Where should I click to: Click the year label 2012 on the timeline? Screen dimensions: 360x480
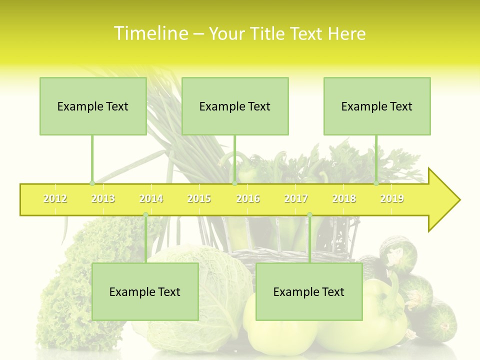click(55, 198)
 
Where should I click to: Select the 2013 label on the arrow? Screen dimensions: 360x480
click(103, 198)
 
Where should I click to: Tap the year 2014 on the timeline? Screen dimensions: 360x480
click(151, 198)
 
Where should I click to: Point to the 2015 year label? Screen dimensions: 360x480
click(199, 198)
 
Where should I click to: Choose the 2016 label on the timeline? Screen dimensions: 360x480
click(248, 198)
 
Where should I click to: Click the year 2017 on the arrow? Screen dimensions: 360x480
click(296, 198)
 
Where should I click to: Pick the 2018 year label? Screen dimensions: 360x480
click(344, 198)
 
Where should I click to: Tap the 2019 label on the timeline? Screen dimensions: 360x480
click(392, 198)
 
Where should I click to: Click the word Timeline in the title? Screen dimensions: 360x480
click(150, 33)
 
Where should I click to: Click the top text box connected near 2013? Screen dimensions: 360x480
click(93, 106)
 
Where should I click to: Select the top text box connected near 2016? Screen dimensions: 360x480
click(235, 106)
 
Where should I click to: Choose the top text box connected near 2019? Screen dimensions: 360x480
click(377, 106)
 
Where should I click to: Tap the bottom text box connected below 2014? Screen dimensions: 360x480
click(145, 291)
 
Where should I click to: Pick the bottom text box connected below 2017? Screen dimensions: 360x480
click(309, 291)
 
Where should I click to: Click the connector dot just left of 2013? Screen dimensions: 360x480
click(92, 183)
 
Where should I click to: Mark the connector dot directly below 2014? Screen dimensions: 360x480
click(145, 215)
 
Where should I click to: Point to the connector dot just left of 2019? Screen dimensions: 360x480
click(376, 183)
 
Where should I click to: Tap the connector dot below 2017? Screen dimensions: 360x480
click(309, 215)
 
